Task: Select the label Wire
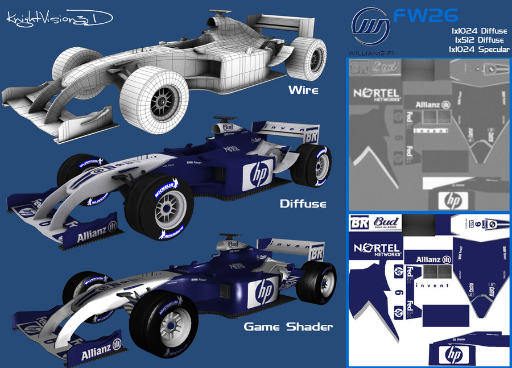[304, 89]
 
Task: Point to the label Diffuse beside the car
[303, 202]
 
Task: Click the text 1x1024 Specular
[478, 49]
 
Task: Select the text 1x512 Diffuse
[478, 40]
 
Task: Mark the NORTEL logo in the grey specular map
[377, 94]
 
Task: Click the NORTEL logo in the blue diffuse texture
[378, 249]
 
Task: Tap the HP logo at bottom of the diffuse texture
[453, 355]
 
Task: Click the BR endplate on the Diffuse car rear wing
[311, 136]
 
